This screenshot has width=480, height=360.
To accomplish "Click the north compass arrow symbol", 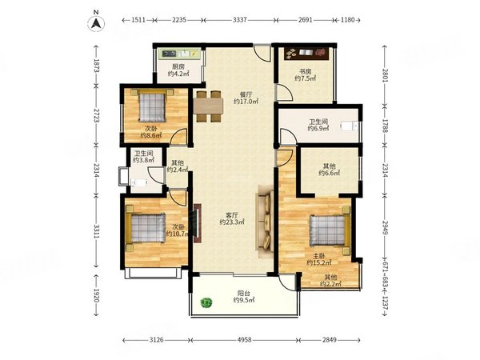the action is point(96,23).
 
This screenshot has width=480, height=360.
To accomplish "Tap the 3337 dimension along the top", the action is point(240,20).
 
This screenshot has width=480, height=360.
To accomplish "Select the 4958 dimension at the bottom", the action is point(244,340).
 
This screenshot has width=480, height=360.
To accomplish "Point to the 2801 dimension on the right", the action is point(385,75).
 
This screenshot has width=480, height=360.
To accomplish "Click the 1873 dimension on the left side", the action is point(96,66).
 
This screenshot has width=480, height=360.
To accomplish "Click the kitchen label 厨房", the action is point(178,66).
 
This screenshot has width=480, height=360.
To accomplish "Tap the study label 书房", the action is point(306,72).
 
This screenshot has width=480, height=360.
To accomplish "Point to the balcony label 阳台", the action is point(244,294).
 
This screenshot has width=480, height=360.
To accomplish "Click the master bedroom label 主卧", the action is point(319,256).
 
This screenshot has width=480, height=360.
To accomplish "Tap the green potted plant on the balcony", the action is point(206,303).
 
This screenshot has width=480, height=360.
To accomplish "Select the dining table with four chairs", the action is point(208,106).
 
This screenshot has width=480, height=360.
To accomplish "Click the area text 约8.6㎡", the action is point(151,135).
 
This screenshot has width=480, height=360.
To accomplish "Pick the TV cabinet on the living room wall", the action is point(197,223).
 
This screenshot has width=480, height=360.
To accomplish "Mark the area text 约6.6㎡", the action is point(330,173).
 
